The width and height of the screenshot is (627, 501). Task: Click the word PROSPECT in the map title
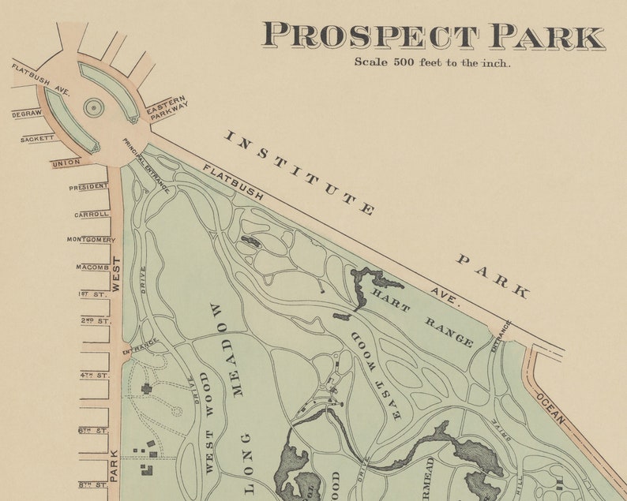click(370, 36)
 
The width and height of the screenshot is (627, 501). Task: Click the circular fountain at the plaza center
click(93, 107)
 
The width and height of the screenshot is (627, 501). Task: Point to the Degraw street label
click(27, 114)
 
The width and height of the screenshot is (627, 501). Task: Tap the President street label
click(88, 188)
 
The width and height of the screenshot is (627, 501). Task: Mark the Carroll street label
click(92, 214)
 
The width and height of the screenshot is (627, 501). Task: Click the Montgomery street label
click(90, 240)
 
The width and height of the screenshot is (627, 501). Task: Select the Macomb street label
click(92, 267)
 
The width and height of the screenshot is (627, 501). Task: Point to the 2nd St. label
click(96, 321)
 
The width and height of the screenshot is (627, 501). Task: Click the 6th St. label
click(93, 430)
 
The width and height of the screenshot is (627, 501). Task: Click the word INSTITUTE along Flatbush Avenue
click(299, 173)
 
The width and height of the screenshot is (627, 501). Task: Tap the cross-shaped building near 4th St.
click(146, 388)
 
